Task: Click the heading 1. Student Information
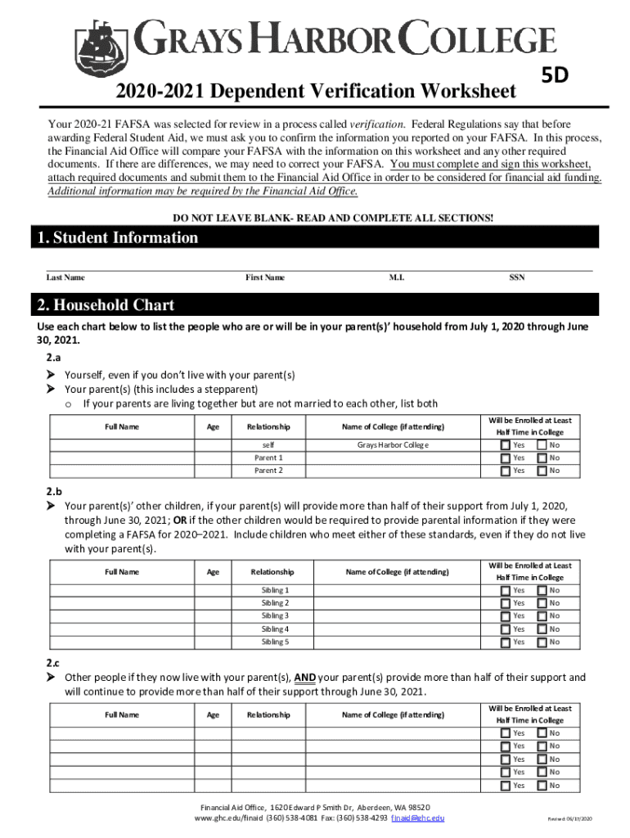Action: click(x=118, y=237)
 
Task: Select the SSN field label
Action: click(x=517, y=277)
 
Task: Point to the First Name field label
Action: click(x=265, y=277)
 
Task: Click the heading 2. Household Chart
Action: click(x=106, y=305)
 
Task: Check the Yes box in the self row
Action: click(x=504, y=444)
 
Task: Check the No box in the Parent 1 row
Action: click(x=541, y=457)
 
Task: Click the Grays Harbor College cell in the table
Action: click(x=393, y=444)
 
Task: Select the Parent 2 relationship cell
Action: click(x=268, y=471)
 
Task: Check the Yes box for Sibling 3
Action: click(x=504, y=615)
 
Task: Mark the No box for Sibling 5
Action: click(x=541, y=642)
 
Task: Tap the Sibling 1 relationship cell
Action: click(x=275, y=589)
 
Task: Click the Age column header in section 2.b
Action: click(x=213, y=571)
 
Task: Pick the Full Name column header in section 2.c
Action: click(x=122, y=714)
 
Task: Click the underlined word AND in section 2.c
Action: click(x=305, y=678)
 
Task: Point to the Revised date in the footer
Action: click(x=570, y=819)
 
